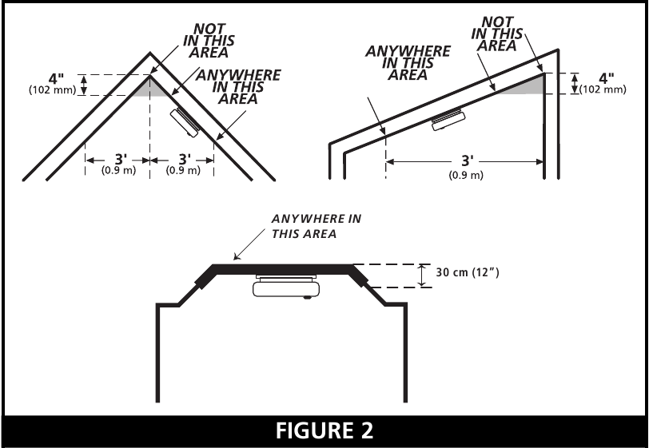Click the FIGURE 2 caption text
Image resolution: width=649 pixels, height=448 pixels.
(324, 430)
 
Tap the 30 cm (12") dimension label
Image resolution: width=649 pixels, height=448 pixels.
(468, 272)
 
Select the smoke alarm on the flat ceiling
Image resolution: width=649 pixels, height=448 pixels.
(286, 286)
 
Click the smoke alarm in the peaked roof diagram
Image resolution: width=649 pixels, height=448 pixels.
(185, 122)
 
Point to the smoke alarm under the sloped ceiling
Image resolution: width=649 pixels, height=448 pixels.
(448, 119)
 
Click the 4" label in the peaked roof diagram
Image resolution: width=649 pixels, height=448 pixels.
(56, 78)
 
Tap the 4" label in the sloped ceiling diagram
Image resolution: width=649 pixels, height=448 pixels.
(607, 78)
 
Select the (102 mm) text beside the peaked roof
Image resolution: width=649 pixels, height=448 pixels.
(53, 89)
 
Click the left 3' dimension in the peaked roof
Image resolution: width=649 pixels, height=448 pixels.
(121, 159)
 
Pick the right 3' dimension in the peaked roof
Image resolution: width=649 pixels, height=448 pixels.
(185, 159)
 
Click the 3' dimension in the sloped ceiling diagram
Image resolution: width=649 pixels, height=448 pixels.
(468, 161)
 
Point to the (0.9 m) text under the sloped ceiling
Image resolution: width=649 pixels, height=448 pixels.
(466, 175)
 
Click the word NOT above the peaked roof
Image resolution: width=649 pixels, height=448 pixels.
(209, 29)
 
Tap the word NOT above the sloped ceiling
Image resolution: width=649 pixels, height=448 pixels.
(498, 22)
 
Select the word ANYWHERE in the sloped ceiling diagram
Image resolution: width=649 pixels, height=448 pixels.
(408, 51)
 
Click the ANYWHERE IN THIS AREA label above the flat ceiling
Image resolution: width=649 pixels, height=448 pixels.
(317, 226)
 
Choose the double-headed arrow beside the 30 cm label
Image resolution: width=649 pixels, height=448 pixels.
(421, 276)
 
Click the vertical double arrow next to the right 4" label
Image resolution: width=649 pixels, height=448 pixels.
(575, 84)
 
